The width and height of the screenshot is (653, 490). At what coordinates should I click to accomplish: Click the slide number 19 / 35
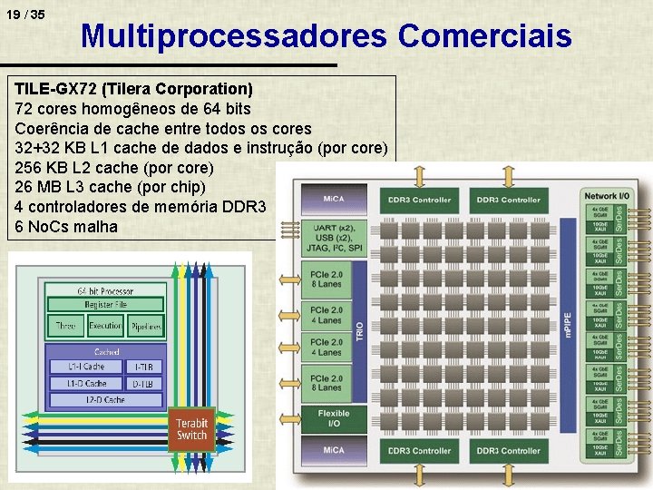pyautogui.click(x=25, y=15)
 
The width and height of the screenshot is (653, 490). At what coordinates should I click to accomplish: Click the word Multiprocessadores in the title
pyautogui.click(x=234, y=36)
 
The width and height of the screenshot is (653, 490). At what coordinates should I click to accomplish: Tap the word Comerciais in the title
pyautogui.click(x=484, y=36)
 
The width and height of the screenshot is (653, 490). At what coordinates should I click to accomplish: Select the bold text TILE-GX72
pyautogui.click(x=56, y=90)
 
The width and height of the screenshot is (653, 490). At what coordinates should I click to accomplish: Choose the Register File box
pyautogui.click(x=105, y=305)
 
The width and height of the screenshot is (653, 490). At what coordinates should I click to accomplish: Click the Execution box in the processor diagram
pyautogui.click(x=105, y=326)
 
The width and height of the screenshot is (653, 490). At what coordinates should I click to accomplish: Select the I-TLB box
pyautogui.click(x=142, y=367)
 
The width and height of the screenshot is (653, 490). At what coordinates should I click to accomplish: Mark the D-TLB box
pyautogui.click(x=142, y=383)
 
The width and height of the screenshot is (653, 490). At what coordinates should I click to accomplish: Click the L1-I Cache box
pyautogui.click(x=88, y=367)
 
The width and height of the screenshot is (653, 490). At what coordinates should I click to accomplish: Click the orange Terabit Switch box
pyautogui.click(x=191, y=429)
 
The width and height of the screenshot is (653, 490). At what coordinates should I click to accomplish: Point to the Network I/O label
pyautogui.click(x=607, y=196)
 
